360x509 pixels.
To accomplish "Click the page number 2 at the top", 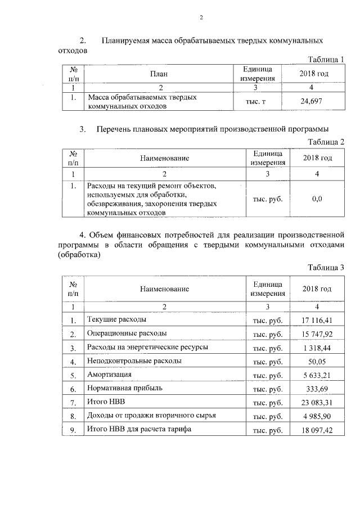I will coord(201,17).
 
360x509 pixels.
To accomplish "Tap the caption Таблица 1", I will coord(326,60).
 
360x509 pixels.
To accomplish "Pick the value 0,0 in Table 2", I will coord(317,199).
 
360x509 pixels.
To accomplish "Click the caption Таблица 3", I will coord(326,267).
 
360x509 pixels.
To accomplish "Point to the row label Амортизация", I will coord(109,375).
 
